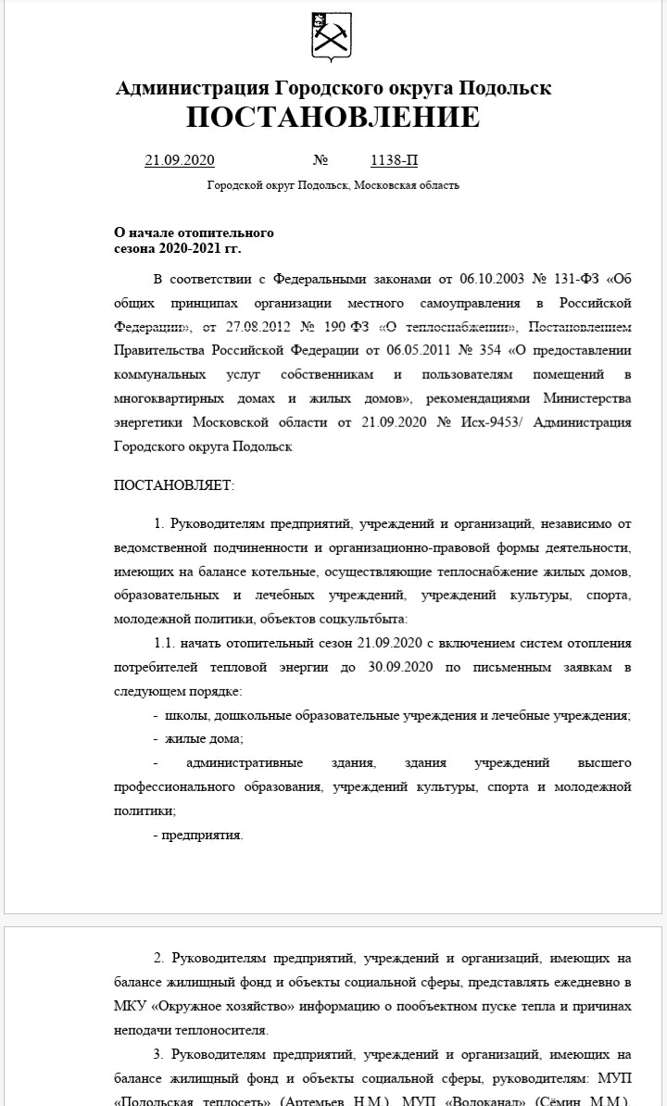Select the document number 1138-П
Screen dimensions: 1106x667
point(394,160)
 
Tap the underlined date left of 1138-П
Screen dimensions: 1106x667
point(180,160)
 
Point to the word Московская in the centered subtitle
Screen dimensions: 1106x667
point(386,185)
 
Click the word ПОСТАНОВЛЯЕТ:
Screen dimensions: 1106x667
point(174,484)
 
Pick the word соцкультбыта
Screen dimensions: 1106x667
point(360,619)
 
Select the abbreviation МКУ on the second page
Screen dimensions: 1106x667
point(129,1006)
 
